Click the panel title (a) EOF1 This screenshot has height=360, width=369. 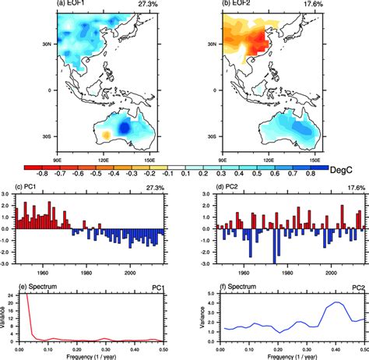[74, 4]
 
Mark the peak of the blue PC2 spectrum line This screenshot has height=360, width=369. [336, 302]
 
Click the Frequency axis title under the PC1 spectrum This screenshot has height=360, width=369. [95, 357]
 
